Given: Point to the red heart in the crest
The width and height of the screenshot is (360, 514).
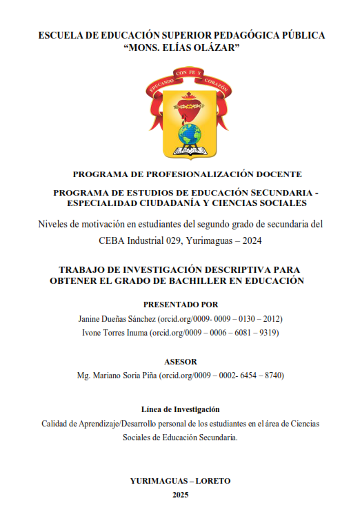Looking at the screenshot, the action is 188,105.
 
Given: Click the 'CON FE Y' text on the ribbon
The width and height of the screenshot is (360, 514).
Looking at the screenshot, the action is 188,72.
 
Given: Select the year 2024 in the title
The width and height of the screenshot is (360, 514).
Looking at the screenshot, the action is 251,240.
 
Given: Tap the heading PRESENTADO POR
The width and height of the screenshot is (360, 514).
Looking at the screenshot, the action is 181,304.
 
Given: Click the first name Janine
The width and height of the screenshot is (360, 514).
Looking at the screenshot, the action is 94,319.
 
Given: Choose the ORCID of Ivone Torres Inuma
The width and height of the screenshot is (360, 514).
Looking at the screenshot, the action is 219,333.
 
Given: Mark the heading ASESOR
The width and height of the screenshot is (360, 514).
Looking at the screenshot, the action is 181,361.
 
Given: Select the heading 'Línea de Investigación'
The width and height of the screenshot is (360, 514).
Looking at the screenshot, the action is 180,409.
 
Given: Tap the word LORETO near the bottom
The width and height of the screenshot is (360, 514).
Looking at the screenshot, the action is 207,481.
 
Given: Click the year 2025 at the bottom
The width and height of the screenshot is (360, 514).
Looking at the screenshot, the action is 181,495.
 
